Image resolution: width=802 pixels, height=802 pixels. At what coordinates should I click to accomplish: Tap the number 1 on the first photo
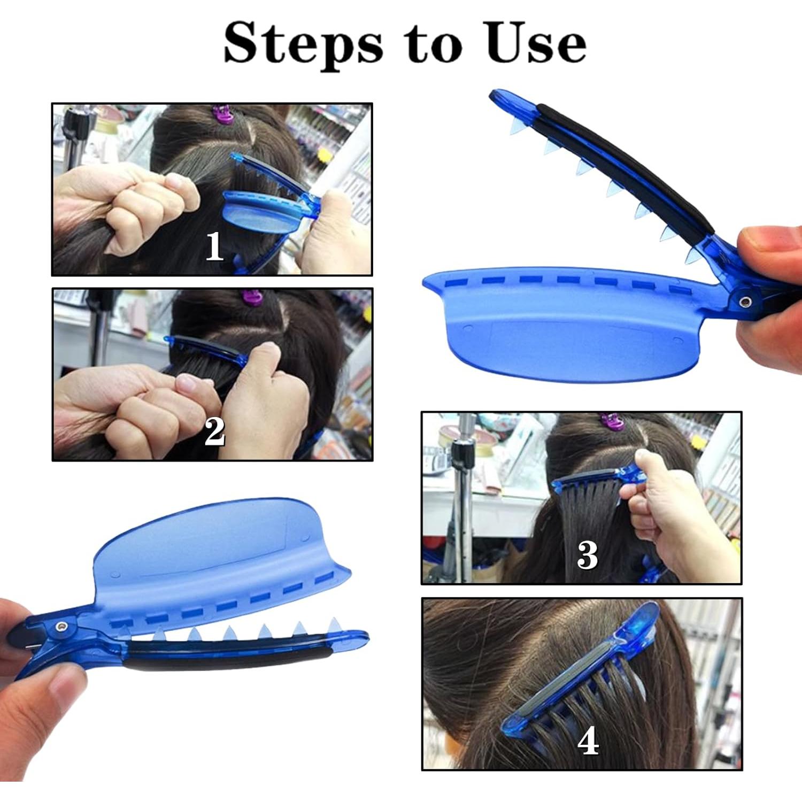click(214, 246)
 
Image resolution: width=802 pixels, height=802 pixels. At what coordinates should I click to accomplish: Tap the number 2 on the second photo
click(214, 432)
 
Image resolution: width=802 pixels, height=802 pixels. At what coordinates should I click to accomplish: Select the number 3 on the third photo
click(587, 555)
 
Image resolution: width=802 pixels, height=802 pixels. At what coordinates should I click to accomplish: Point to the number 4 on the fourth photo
click(588, 742)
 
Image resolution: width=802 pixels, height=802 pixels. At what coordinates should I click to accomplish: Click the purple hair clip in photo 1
click(223, 113)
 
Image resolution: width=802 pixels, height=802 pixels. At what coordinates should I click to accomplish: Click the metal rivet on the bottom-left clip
click(63, 626)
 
